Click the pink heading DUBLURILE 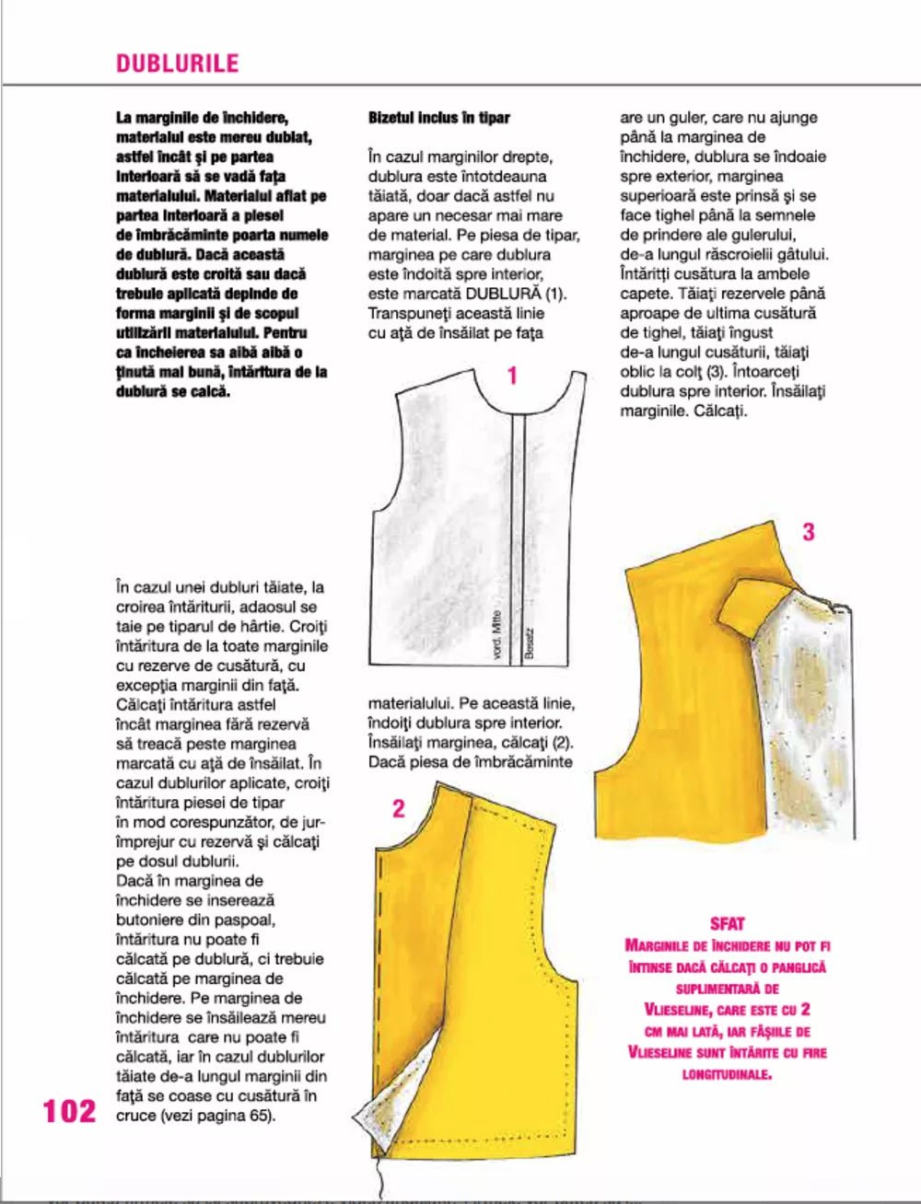click(177, 64)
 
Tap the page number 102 click(69, 1111)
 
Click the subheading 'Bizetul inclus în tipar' click(438, 118)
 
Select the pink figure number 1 click(512, 376)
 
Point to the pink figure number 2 click(398, 808)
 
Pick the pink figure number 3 click(808, 531)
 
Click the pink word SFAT click(728, 923)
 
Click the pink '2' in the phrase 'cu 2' click(804, 1010)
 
